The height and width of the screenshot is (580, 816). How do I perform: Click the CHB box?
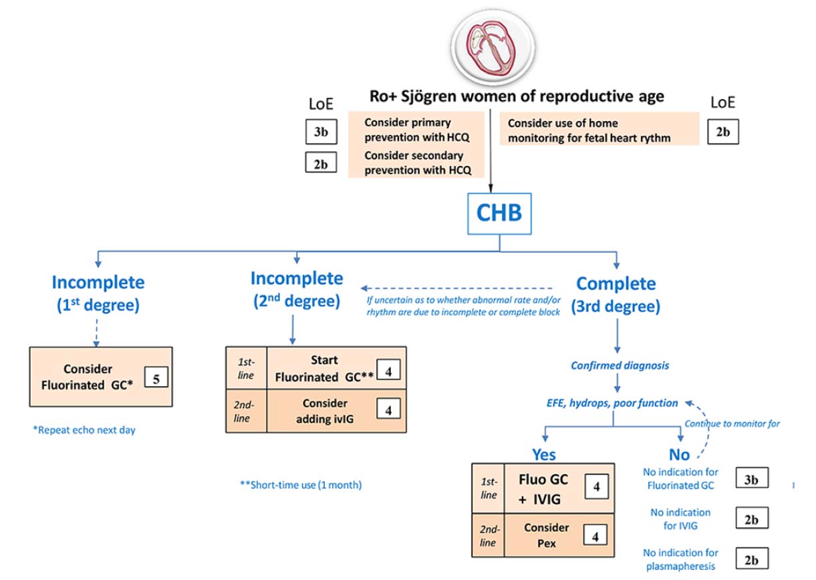pyautogui.click(x=499, y=213)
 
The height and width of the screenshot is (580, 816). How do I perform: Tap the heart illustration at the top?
pyautogui.click(x=493, y=47)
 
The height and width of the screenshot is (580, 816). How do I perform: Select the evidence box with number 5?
pyautogui.click(x=156, y=377)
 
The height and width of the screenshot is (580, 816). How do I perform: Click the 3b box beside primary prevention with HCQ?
pyautogui.click(x=321, y=132)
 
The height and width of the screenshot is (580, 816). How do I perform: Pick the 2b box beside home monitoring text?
pyautogui.click(x=723, y=132)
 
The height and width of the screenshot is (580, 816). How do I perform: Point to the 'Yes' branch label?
pyautogui.click(x=544, y=455)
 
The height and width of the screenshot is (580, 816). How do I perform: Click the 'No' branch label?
pyautogui.click(x=680, y=455)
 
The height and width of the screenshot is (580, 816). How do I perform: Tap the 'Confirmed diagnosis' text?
pyautogui.click(x=620, y=365)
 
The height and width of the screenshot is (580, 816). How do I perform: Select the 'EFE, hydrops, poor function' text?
pyautogui.click(x=612, y=403)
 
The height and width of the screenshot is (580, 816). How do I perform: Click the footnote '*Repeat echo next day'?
pyautogui.click(x=84, y=430)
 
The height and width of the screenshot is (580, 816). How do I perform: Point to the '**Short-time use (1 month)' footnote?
pyautogui.click(x=301, y=485)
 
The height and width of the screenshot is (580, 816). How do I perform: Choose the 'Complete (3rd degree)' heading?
pyautogui.click(x=616, y=294)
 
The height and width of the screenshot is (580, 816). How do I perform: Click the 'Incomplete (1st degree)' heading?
pyautogui.click(x=98, y=294)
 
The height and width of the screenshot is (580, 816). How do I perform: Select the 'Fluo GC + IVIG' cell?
pyautogui.click(x=559, y=488)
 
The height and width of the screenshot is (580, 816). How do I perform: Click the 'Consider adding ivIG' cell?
pyautogui.click(x=336, y=411)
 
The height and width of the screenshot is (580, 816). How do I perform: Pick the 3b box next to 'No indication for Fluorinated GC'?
pyautogui.click(x=752, y=478)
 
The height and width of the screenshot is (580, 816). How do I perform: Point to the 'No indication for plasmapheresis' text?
pyautogui.click(x=680, y=559)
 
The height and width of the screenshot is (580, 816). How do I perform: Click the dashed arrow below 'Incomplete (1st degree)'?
pyautogui.click(x=96, y=333)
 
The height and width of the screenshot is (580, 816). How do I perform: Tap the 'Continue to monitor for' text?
pyautogui.click(x=732, y=423)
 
